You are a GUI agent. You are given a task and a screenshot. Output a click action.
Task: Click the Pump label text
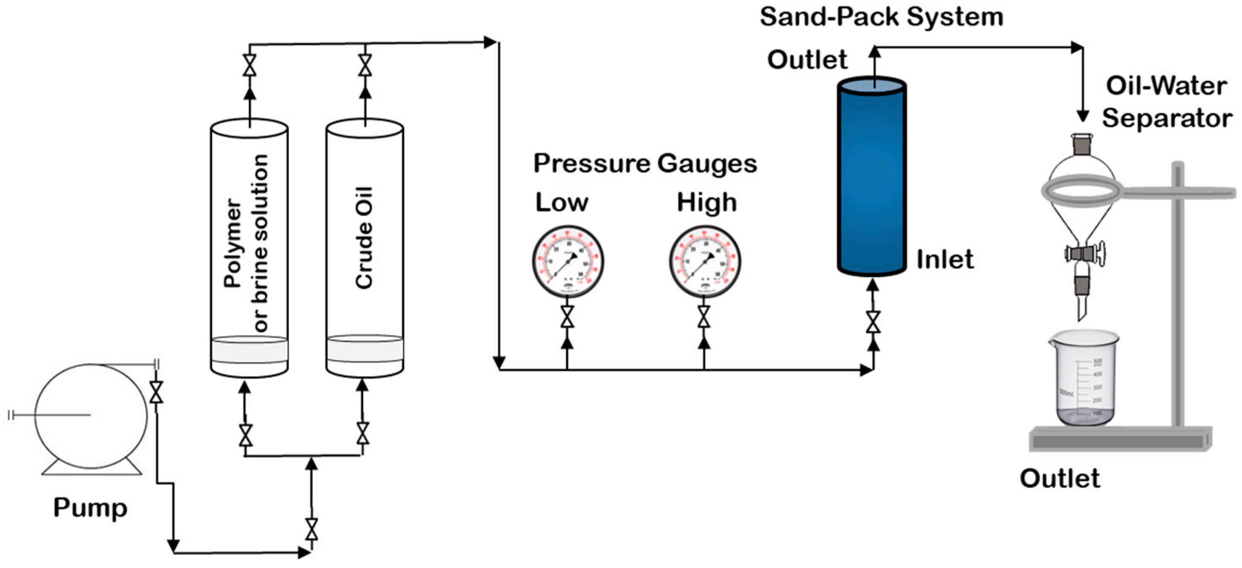click(90, 508)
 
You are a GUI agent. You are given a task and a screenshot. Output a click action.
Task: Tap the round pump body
click(90, 416)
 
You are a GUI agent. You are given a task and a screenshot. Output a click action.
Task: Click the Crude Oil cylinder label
click(364, 238)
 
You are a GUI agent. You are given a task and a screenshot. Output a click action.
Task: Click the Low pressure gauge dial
click(567, 261)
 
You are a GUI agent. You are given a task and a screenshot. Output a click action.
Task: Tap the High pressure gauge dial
click(704, 261)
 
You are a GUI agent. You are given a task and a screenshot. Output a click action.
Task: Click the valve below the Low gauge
click(567, 317)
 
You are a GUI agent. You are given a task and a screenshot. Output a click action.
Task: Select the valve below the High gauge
click(704, 317)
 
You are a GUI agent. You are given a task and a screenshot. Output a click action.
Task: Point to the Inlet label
click(945, 259)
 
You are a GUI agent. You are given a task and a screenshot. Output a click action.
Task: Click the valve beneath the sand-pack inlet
click(873, 322)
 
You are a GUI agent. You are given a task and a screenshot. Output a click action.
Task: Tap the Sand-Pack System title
click(881, 17)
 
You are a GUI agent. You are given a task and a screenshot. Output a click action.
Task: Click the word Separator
click(1167, 118)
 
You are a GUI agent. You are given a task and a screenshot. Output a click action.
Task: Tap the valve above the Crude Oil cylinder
click(365, 65)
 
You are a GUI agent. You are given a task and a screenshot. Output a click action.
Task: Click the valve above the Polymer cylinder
click(249, 65)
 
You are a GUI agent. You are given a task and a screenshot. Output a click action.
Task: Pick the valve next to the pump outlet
click(156, 392)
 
